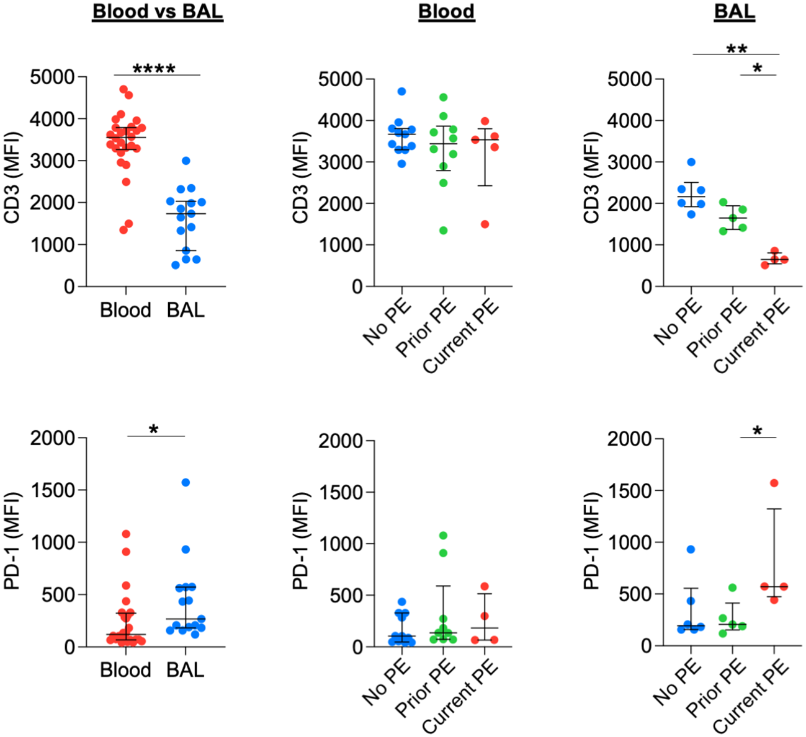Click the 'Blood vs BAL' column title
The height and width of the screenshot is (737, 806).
[x=157, y=12]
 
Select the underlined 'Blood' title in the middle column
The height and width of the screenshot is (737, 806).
[x=446, y=12]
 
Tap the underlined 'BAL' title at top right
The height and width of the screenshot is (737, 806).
[x=735, y=12]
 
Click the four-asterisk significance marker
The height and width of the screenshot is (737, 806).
[x=154, y=69]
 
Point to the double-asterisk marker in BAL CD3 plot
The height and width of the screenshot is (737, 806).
[x=737, y=49]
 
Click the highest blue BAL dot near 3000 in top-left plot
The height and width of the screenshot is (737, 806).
[x=186, y=161]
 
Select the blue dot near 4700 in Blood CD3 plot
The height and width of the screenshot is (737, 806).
[x=401, y=91]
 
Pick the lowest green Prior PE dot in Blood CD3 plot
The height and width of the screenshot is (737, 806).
[x=443, y=231]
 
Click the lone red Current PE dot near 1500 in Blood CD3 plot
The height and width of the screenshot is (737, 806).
[x=485, y=224]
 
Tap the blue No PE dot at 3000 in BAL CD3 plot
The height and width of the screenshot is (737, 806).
[x=691, y=162]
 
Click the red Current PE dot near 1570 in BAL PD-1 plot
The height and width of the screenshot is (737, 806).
[x=774, y=483]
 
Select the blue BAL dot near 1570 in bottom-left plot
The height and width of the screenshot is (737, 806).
[x=186, y=482]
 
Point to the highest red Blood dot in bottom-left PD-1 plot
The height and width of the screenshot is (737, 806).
[x=126, y=534]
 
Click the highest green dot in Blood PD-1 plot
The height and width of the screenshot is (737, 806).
[x=443, y=535]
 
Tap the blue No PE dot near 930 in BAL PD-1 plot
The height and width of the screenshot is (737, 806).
[x=691, y=549]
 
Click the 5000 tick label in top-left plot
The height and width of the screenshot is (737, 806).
[x=52, y=77]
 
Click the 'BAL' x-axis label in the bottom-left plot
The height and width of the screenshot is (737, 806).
[x=186, y=670]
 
